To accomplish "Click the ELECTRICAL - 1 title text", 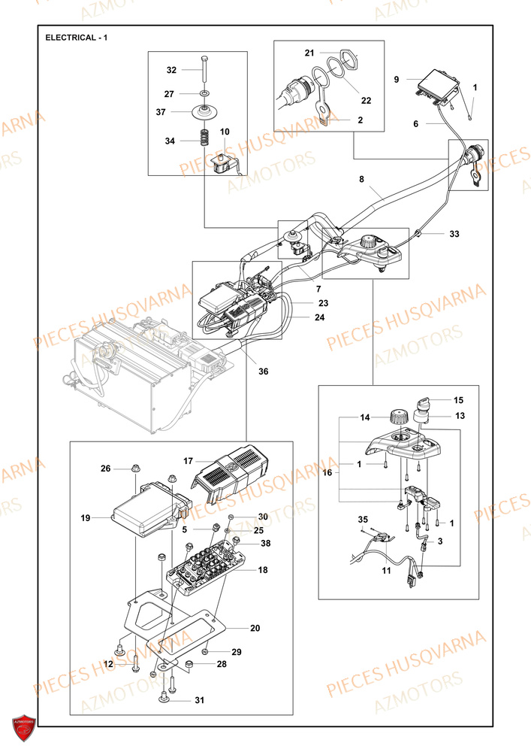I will click(x=77, y=38).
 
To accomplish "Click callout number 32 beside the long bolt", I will click(x=171, y=70).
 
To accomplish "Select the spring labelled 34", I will click(x=202, y=138).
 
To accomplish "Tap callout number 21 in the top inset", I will click(x=309, y=53).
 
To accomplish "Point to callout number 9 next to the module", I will click(x=397, y=78).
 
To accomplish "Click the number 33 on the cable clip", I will click(x=454, y=235).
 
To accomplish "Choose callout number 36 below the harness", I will click(x=263, y=371).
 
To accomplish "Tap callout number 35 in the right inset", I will click(x=364, y=520).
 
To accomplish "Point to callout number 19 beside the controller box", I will click(x=85, y=518).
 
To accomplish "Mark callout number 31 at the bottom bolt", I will click(x=199, y=701).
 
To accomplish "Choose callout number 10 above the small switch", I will click(x=225, y=132).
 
